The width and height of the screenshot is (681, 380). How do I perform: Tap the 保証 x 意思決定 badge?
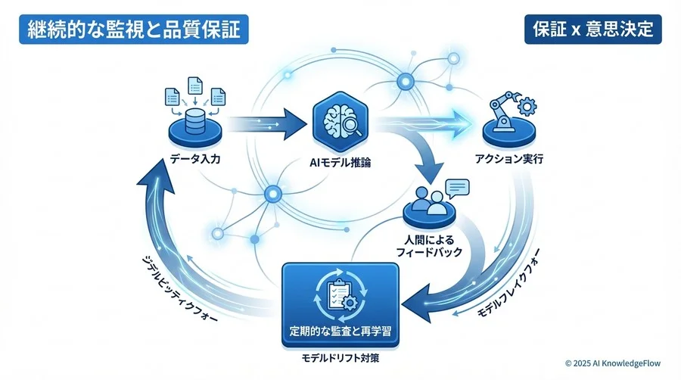click(592, 31)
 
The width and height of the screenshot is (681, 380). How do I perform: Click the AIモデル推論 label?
click(340, 162)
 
